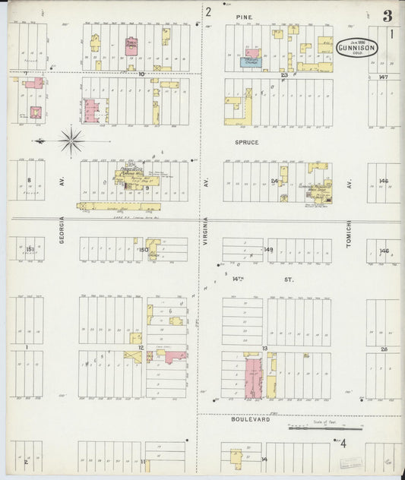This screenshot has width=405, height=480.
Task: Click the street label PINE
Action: click(x=244, y=16)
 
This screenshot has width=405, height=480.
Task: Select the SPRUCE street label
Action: click(x=247, y=142)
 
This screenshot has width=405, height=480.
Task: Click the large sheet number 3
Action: click(x=388, y=16)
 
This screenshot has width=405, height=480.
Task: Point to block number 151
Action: click(x=30, y=248)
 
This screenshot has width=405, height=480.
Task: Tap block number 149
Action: click(x=268, y=249)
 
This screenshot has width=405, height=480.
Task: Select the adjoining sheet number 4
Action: click(x=343, y=444)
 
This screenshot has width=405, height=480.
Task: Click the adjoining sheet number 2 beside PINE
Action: click(x=207, y=11)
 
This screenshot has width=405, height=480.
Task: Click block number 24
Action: click(x=274, y=181)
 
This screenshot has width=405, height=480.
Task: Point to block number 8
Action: click(x=29, y=180)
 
